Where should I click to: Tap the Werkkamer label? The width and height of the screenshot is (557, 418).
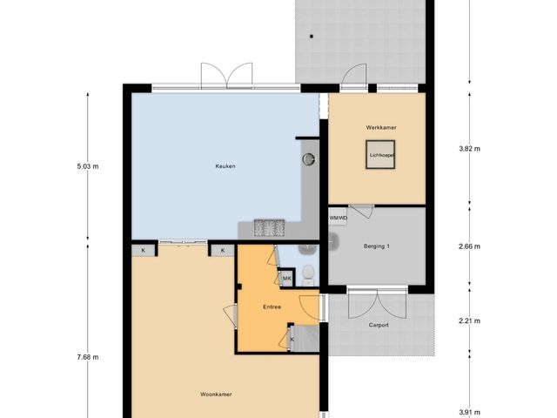pyautogui.click(x=381, y=128)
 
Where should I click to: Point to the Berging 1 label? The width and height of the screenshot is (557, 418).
pyautogui.click(x=376, y=246)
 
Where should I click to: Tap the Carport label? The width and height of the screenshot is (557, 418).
pyautogui.click(x=378, y=325)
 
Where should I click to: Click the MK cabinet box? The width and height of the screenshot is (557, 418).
pyautogui.click(x=286, y=279)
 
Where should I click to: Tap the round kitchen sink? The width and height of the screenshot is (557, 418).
pyautogui.click(x=308, y=159)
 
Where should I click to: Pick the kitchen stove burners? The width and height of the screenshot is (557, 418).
pyautogui.click(x=270, y=228)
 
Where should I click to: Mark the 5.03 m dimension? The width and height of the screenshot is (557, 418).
pyautogui.click(x=88, y=165)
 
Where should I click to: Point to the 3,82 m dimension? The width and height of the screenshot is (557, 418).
pyautogui.click(x=470, y=149)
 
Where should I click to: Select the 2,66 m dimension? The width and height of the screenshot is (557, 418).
pyautogui.click(x=470, y=246)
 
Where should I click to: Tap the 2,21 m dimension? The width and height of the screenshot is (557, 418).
pyautogui.click(x=470, y=321)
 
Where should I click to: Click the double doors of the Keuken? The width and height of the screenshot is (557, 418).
pyautogui.click(x=226, y=76)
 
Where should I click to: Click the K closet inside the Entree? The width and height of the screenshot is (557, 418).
pyautogui.click(x=292, y=339)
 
